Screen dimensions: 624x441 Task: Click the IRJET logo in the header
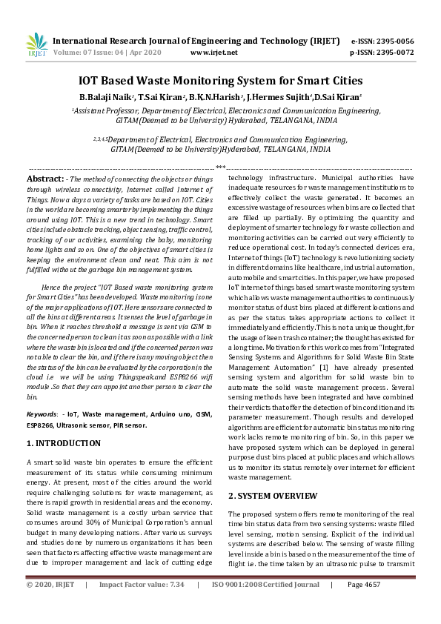[36, 46]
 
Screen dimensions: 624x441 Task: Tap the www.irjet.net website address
[214, 53]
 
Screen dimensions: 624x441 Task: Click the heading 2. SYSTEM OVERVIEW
[273, 495]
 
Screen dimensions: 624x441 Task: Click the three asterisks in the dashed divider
[220, 168]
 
